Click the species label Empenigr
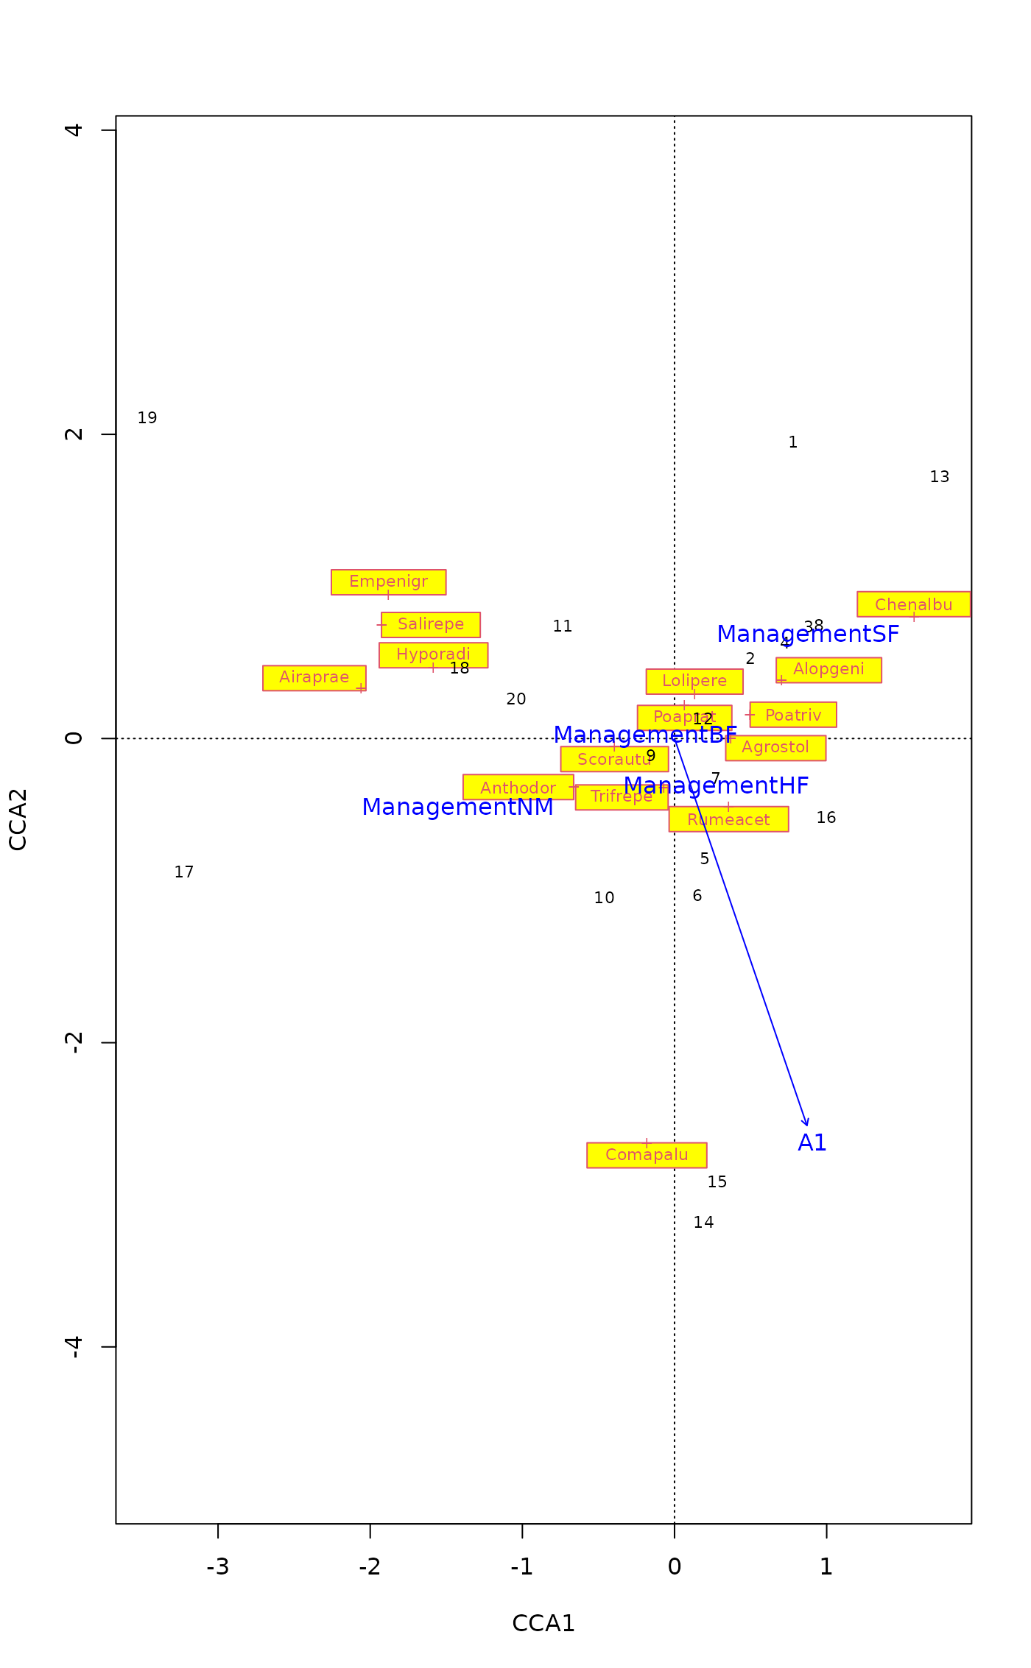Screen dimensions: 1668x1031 pos(388,582)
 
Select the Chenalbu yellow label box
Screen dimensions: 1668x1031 pos(913,604)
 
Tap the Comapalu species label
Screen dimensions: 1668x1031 pos(647,1155)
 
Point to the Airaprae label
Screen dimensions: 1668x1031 pos(314,677)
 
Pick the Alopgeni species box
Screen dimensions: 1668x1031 pos(828,669)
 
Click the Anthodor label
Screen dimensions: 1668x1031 pos(518,788)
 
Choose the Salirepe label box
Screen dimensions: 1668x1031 pos(431,624)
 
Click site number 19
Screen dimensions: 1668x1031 pos(147,418)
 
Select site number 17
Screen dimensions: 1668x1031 pos(184,872)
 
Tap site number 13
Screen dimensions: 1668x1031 pos(940,477)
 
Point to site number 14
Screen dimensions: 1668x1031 pos(703,1223)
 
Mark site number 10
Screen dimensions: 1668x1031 pos(604,898)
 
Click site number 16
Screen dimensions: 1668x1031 pos(826,818)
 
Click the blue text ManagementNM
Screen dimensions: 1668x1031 pos(457,807)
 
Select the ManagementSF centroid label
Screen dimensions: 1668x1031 pos(808,634)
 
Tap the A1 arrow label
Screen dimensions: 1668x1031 pos(812,1142)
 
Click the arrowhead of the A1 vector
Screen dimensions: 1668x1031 pos(807,1124)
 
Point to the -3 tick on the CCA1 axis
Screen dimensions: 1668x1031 pos(218,1566)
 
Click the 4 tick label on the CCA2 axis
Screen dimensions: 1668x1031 pos(74,130)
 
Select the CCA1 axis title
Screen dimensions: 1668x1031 pos(543,1623)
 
